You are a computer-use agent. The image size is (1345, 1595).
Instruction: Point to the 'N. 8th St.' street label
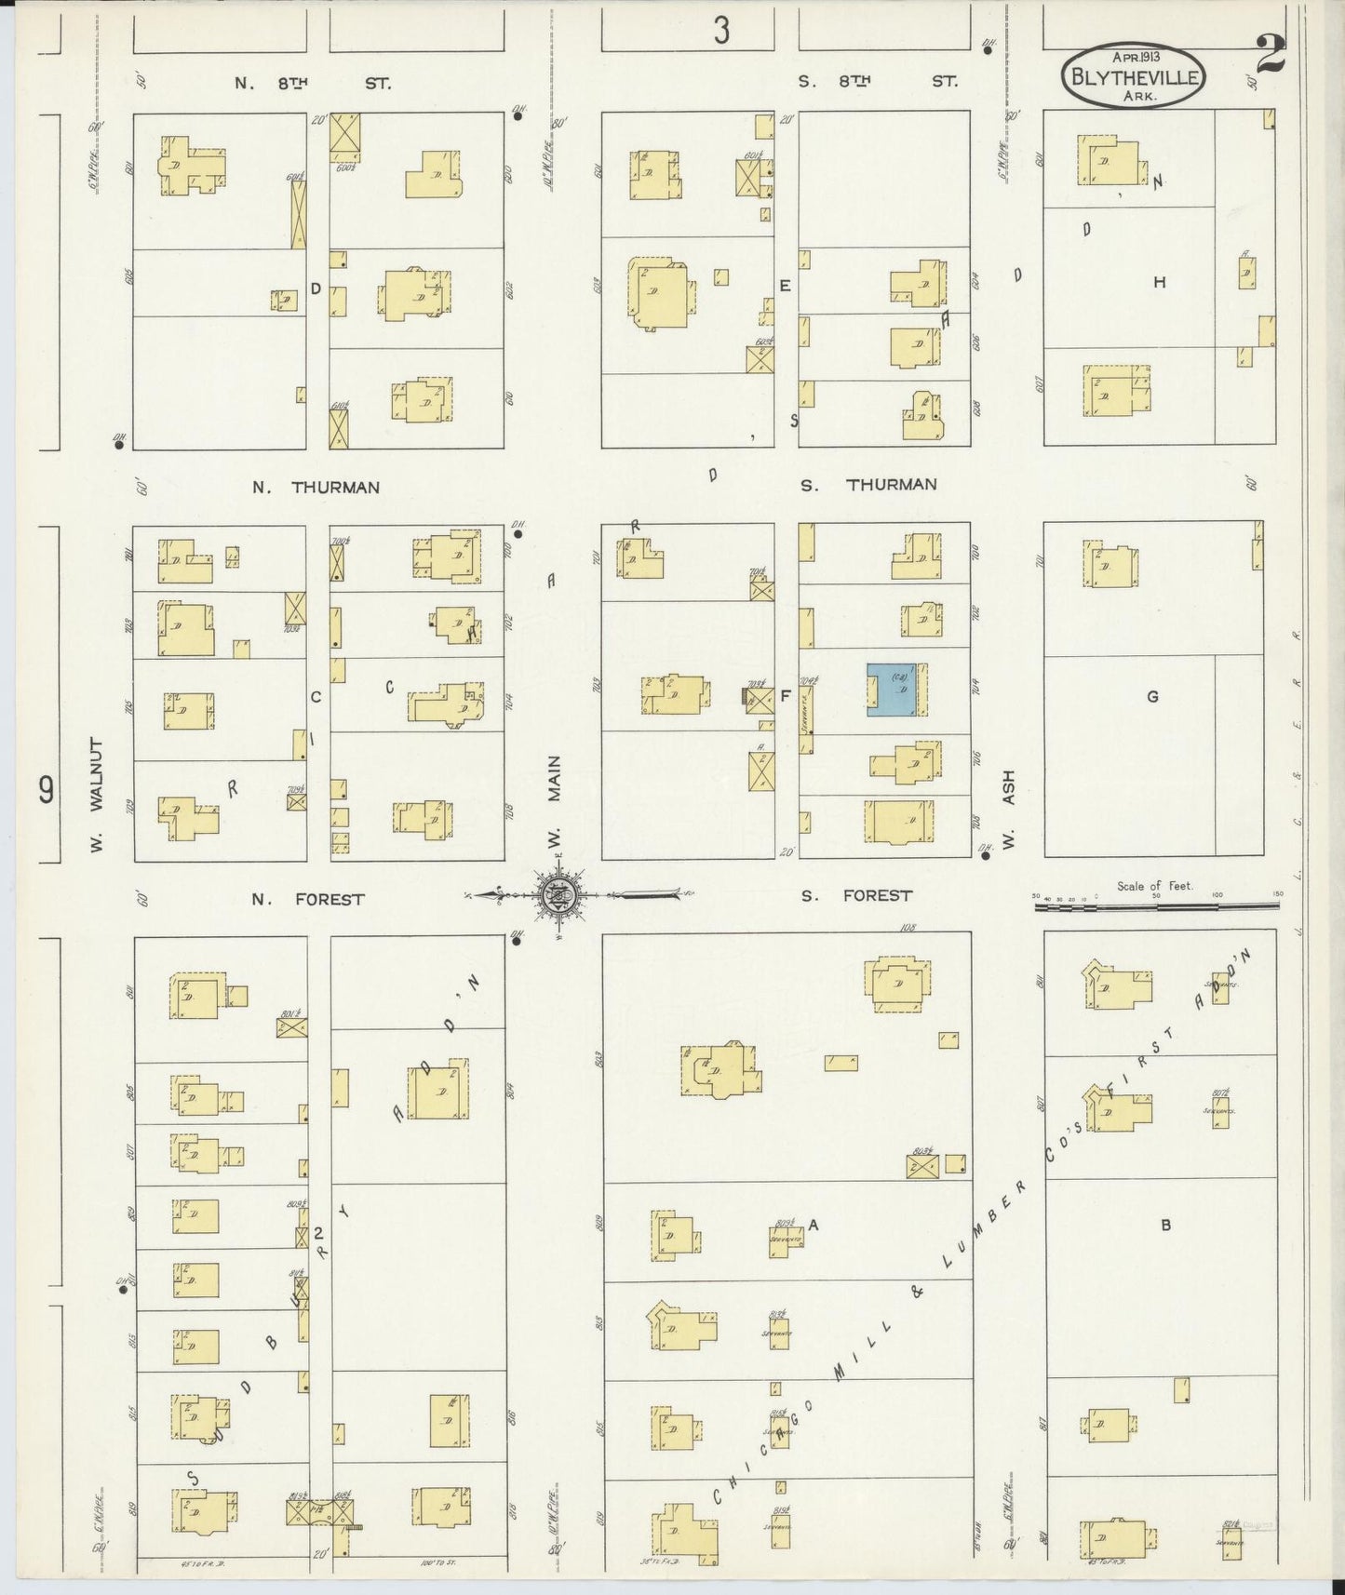(312, 83)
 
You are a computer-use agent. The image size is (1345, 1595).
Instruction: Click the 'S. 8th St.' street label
(878, 82)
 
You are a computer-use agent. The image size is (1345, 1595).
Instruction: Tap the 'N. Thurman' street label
(316, 487)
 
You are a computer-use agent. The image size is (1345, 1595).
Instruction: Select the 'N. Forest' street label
(307, 899)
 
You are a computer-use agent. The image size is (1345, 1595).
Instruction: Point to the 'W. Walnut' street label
(97, 795)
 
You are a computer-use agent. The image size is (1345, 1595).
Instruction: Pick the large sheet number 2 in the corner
(1270, 54)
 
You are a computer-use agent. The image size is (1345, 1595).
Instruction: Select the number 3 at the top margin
(721, 32)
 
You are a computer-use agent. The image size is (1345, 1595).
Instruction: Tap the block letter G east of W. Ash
(1152, 696)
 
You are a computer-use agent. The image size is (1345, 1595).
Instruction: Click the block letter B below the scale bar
(1165, 1225)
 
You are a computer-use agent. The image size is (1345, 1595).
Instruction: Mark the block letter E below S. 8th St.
(785, 286)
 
